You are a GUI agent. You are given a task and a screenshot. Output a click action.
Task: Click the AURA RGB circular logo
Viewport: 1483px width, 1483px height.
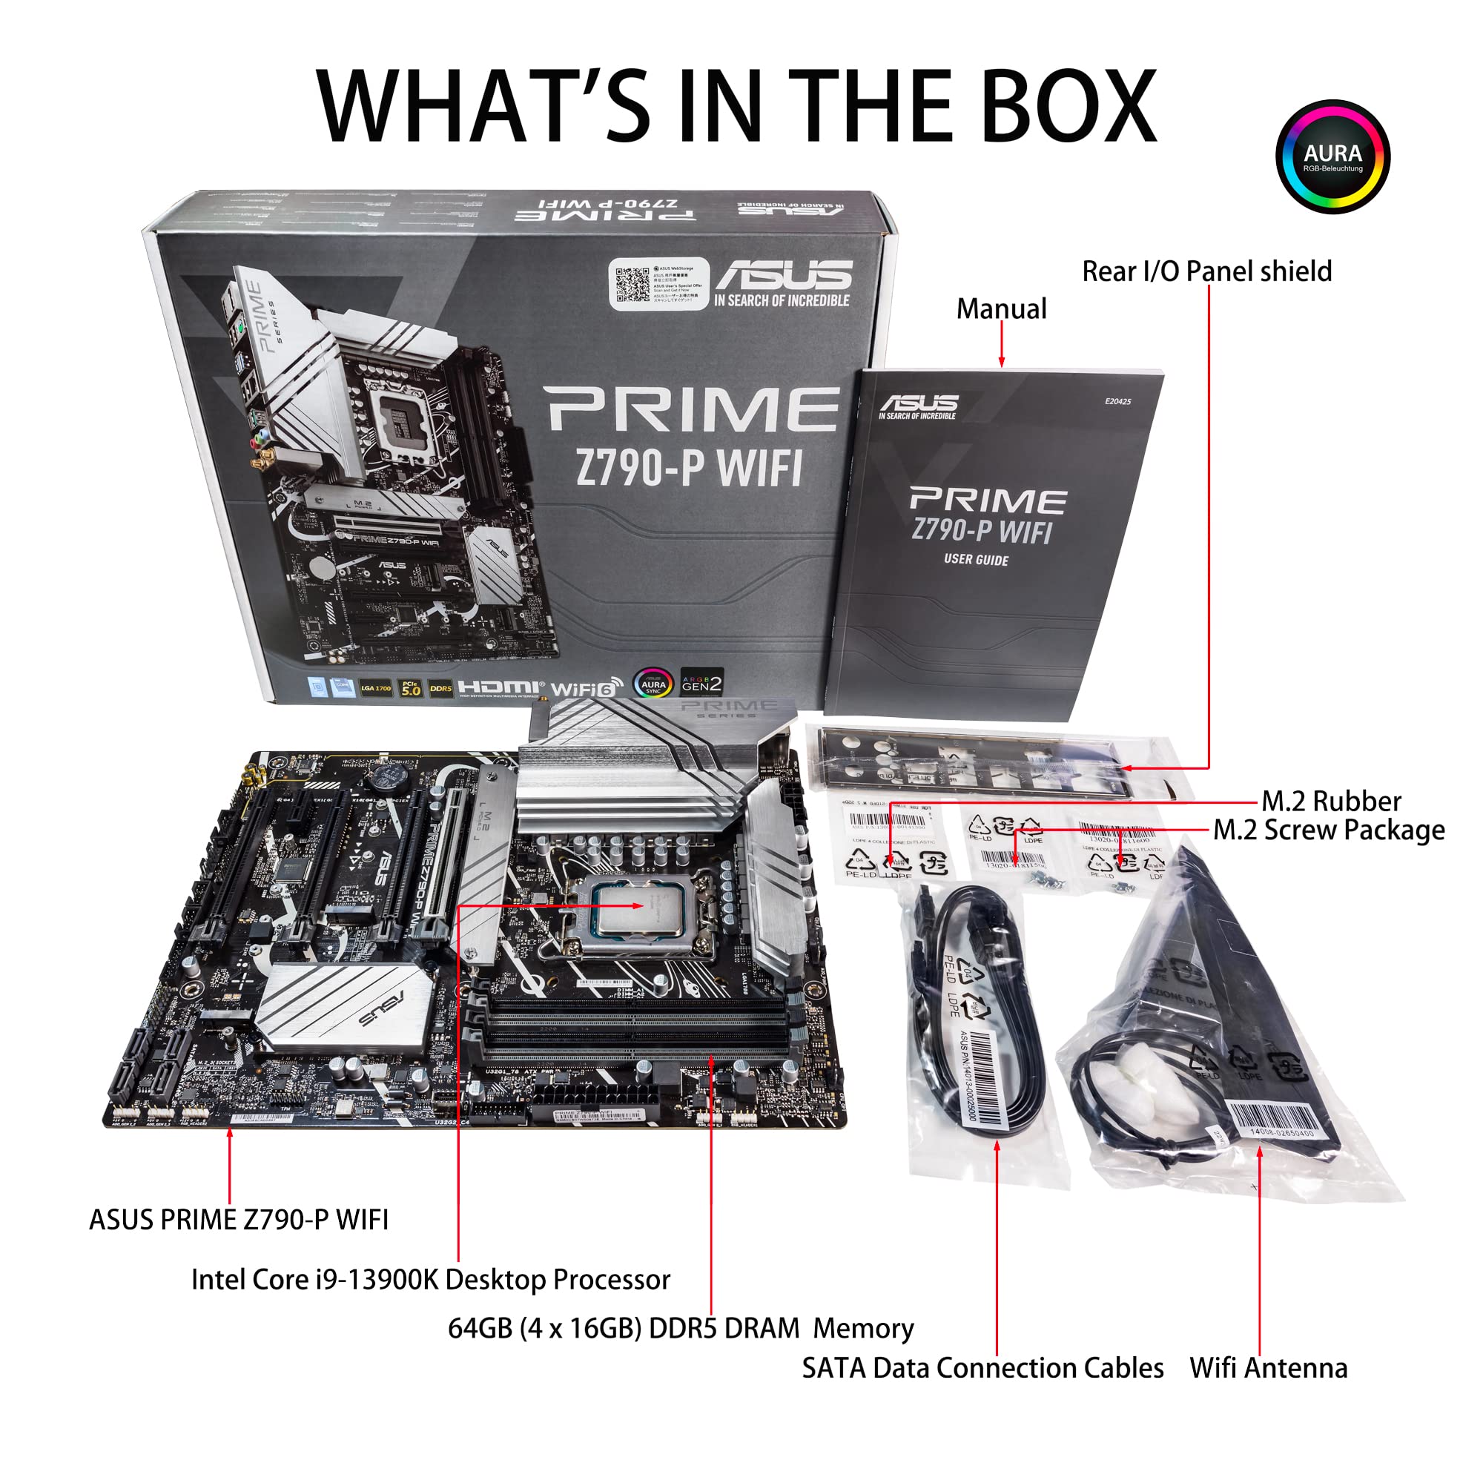[1332, 156]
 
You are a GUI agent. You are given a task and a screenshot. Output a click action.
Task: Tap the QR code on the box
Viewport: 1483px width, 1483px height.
[632, 285]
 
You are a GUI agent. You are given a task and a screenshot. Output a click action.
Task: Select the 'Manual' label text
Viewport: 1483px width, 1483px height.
[1001, 308]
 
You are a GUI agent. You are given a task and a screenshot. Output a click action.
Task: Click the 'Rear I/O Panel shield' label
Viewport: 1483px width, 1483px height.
[1206, 271]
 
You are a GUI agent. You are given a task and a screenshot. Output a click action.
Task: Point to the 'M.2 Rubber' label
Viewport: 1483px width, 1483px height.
[1330, 802]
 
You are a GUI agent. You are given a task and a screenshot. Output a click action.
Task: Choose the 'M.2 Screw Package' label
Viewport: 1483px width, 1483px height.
[1328, 830]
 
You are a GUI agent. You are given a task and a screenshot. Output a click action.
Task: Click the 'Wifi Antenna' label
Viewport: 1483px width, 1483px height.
[1268, 1368]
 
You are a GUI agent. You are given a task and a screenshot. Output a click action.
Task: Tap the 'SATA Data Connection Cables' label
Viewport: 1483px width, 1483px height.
[982, 1368]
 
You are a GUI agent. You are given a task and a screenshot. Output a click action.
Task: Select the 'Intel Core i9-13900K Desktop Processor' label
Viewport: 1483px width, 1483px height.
[430, 1280]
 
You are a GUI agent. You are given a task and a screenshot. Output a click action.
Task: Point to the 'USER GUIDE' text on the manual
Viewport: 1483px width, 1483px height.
[976, 560]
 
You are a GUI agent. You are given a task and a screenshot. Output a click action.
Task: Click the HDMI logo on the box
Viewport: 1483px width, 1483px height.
[499, 687]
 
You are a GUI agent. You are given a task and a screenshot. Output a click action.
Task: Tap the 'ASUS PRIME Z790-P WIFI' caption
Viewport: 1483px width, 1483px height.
[239, 1219]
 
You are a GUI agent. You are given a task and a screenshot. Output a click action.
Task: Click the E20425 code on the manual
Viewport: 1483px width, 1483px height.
[1117, 401]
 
